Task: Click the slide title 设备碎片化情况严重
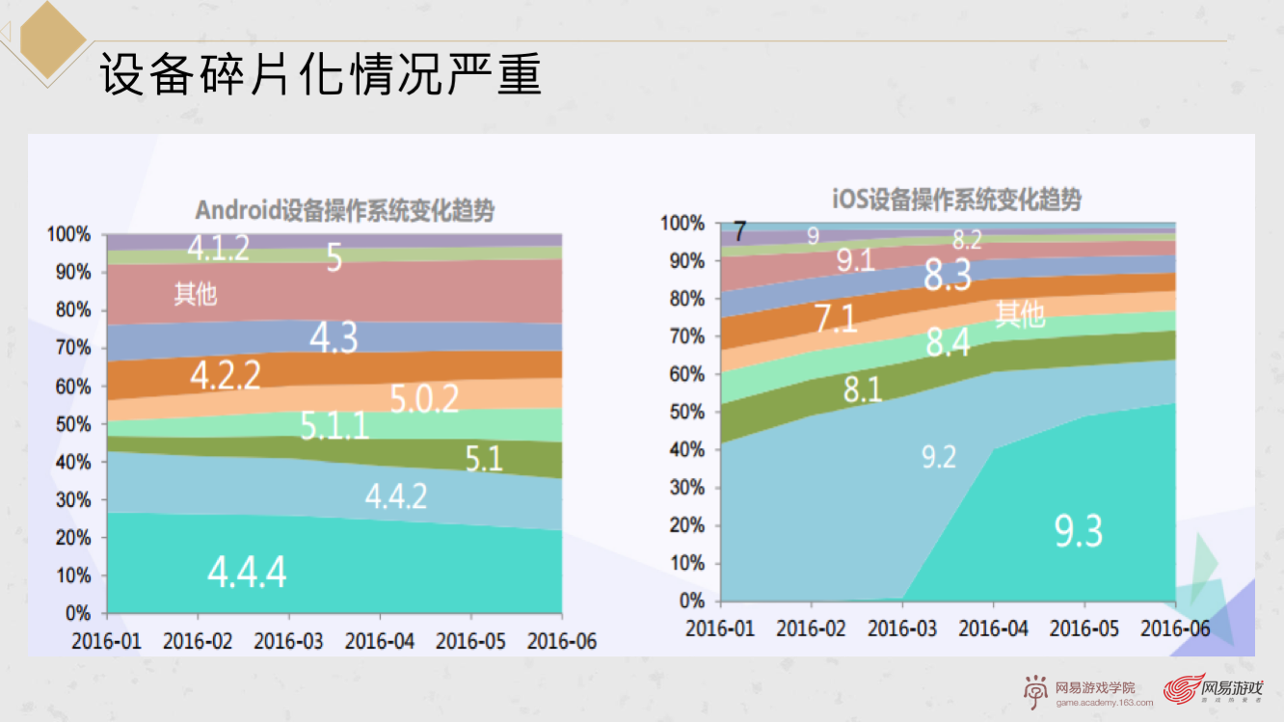321,74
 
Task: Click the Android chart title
344,210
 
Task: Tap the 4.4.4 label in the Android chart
247,572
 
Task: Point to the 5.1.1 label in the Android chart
334,424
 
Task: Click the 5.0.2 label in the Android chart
424,398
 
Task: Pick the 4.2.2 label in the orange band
225,376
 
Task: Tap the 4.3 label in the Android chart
334,337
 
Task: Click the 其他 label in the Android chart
196,294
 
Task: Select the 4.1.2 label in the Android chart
219,248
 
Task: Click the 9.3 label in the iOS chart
1078,530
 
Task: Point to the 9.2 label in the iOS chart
938,456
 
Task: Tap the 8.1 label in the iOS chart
863,389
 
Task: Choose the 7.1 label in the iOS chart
835,318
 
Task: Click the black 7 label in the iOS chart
739,232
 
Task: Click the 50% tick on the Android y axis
72,424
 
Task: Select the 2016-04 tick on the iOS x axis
993,628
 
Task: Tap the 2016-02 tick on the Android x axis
198,641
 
